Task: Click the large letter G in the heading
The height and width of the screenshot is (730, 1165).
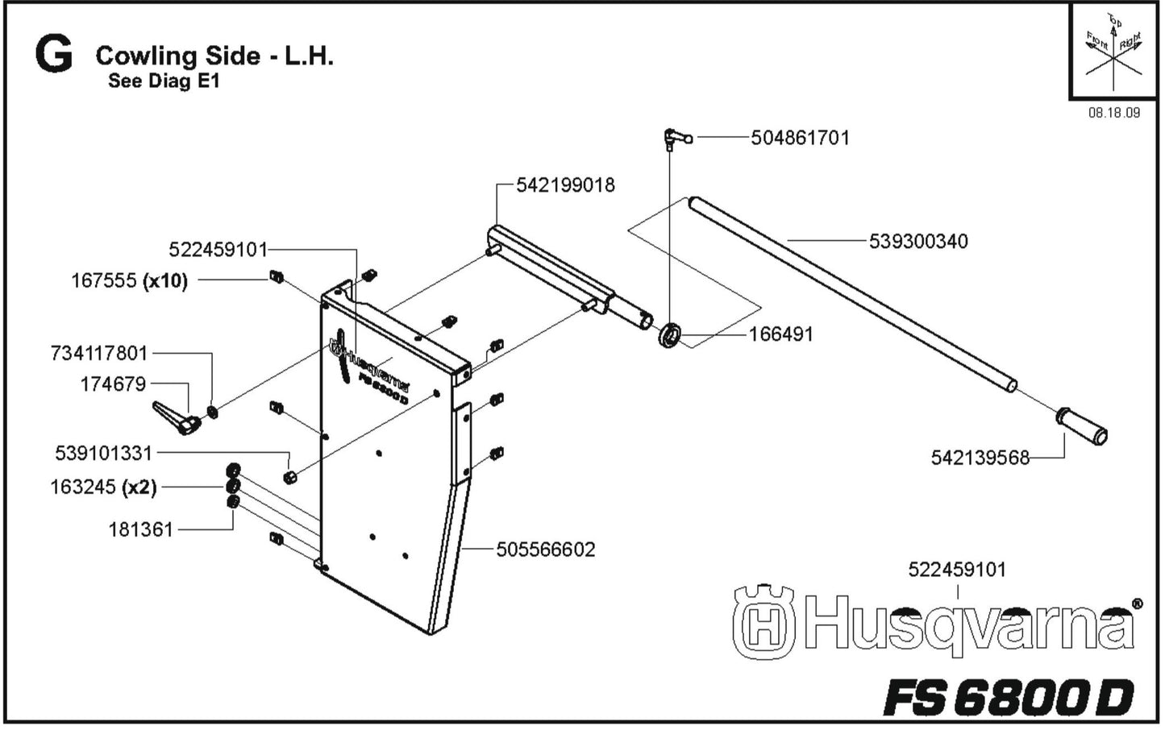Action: [x=53, y=56]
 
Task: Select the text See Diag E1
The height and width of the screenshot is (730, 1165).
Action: [x=163, y=81]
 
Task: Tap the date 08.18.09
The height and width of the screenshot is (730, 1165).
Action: [x=1113, y=113]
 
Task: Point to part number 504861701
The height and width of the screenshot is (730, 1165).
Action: [x=800, y=138]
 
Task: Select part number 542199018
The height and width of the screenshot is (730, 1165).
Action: [x=565, y=185]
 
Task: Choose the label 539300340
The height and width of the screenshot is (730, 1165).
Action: [x=917, y=241]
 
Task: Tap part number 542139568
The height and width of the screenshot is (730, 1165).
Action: [x=980, y=458]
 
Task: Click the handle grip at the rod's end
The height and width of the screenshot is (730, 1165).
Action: [x=1082, y=427]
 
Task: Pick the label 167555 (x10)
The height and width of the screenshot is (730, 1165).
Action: [x=129, y=280]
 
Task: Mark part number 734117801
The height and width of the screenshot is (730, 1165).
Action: [x=99, y=353]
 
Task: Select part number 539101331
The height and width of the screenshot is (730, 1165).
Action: [x=103, y=453]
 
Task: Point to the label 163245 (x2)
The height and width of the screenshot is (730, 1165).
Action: [x=103, y=487]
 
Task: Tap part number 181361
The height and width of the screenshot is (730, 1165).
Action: [x=140, y=529]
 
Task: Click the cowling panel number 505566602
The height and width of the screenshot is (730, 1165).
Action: [x=545, y=550]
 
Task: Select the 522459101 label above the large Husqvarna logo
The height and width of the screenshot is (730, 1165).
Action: [x=956, y=570]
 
